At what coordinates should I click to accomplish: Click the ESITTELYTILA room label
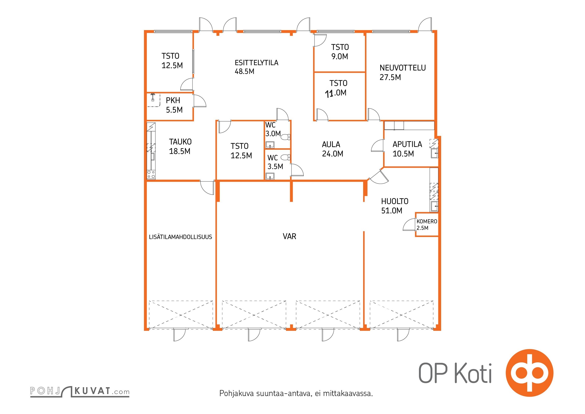[256, 63]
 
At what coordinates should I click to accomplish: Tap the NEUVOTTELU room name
[402, 68]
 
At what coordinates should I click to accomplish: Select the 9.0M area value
[340, 56]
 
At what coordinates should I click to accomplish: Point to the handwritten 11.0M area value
[335, 93]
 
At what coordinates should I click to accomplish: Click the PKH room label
[173, 100]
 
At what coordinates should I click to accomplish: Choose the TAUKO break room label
[180, 142]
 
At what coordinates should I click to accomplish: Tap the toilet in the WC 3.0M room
[286, 137]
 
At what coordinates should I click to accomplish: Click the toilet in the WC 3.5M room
[286, 157]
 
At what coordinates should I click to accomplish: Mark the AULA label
[331, 144]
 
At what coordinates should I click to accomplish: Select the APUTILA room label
[407, 144]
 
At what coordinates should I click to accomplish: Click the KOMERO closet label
[427, 221]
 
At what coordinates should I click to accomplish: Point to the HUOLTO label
[395, 201]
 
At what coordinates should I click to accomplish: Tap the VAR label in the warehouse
[289, 236]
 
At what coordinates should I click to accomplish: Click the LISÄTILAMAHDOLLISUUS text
[180, 237]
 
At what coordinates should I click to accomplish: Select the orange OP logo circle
[529, 373]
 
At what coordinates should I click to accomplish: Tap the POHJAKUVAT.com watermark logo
[80, 391]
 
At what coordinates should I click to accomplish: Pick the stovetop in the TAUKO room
[151, 175]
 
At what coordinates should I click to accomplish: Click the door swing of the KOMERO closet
[409, 225]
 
